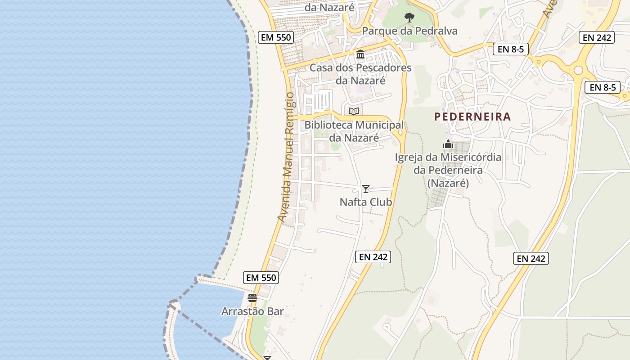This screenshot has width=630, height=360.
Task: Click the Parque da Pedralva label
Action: [x=409, y=31]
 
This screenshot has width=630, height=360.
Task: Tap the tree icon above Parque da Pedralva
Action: [x=409, y=18]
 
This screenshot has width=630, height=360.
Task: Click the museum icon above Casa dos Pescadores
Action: [x=360, y=54]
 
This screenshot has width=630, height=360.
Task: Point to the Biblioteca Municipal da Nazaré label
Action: [x=354, y=131]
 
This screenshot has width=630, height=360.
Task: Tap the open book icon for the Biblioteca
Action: [x=354, y=111]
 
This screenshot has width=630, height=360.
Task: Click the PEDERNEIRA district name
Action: [x=472, y=117]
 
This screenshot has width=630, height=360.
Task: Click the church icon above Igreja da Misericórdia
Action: [x=448, y=144]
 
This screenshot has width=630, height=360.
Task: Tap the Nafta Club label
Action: [x=366, y=202]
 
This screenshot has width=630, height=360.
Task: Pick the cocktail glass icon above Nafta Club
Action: [x=366, y=189]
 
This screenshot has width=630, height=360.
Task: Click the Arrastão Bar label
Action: [x=252, y=311]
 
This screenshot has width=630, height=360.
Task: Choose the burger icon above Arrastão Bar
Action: [x=252, y=298]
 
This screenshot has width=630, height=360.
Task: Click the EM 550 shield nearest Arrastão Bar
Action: [x=261, y=278]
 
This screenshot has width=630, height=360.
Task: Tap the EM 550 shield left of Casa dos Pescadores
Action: [x=276, y=37]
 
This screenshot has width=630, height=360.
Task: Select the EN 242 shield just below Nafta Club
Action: [x=373, y=257]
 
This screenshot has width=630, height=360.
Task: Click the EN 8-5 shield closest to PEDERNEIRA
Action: [x=511, y=49]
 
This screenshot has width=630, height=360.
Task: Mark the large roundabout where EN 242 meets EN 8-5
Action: [x=578, y=70]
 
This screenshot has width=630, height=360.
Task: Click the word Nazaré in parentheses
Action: [x=448, y=184]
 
